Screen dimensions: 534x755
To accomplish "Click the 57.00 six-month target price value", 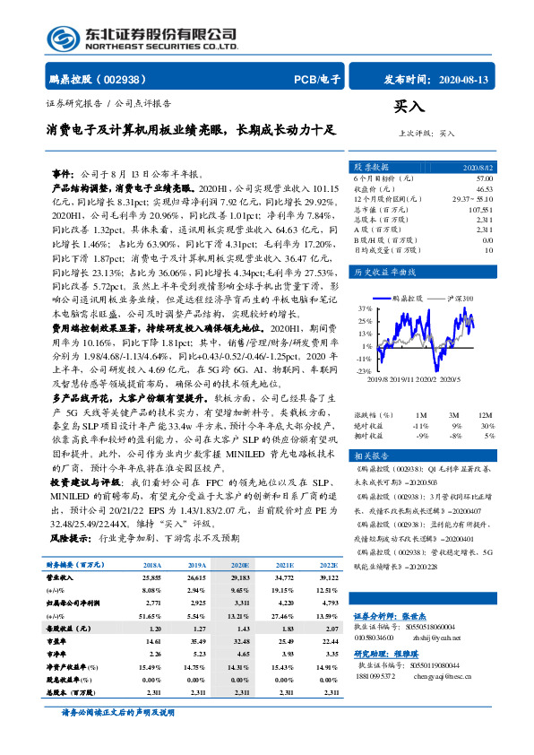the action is coord(485,178).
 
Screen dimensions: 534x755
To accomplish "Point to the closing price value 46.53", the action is coord(485,188).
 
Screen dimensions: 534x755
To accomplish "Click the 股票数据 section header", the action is coord(371,168).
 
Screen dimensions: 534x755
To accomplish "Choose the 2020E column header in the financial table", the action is coord(240,566).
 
